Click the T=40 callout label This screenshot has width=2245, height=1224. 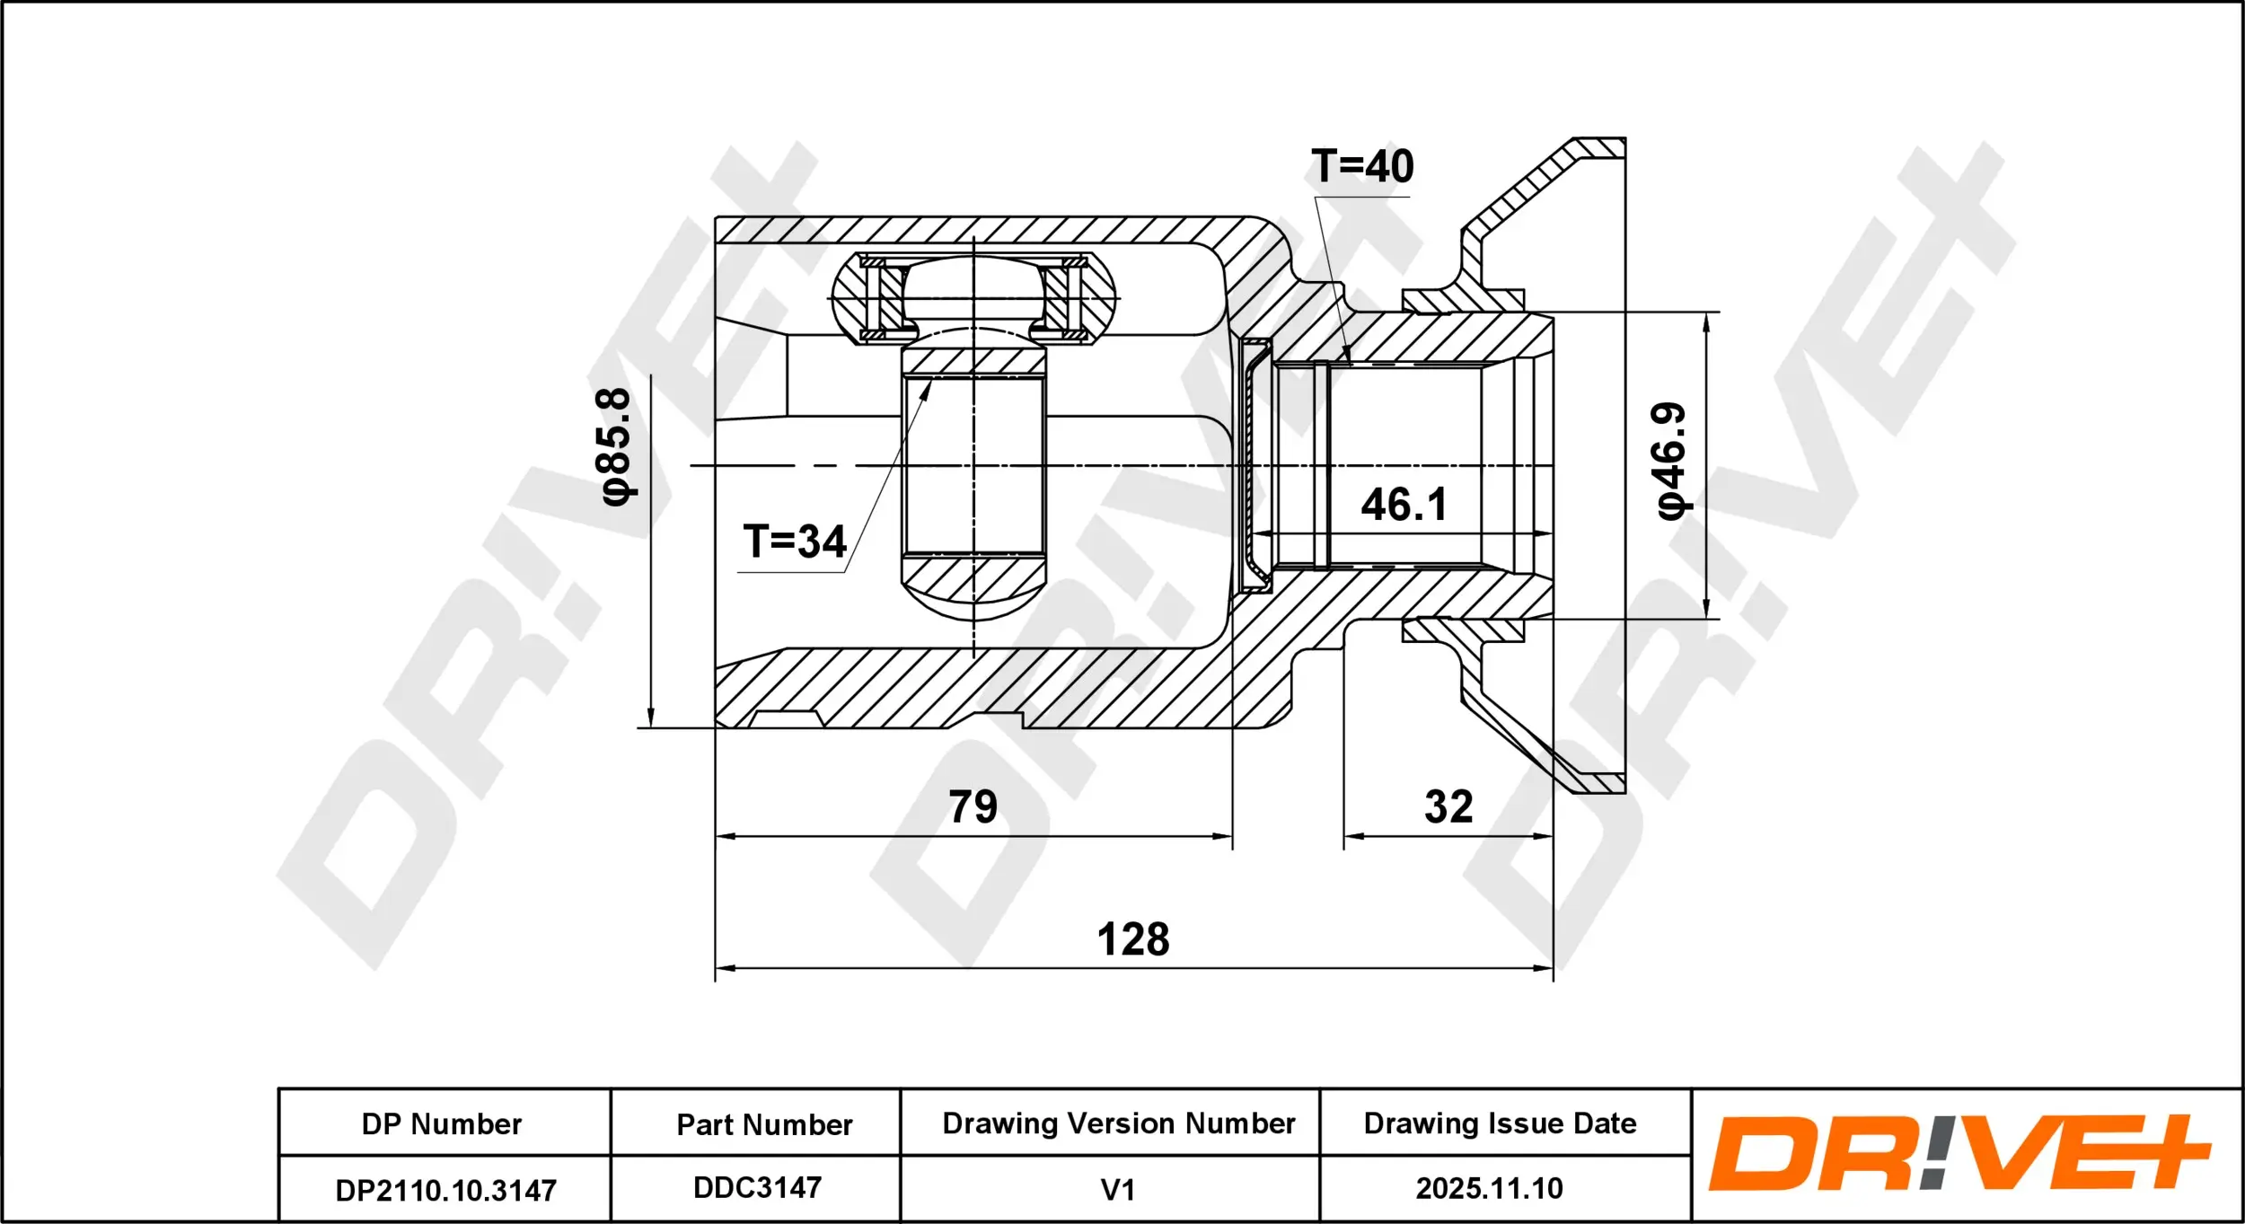(x=1361, y=167)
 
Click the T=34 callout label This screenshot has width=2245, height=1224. (x=795, y=542)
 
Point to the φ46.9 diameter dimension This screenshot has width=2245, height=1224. (x=1671, y=461)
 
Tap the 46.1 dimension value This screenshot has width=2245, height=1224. (x=1404, y=505)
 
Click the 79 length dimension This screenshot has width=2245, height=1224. (x=973, y=806)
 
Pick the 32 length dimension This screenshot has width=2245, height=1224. (x=1448, y=806)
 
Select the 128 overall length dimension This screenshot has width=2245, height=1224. (x=1133, y=939)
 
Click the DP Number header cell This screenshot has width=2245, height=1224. (x=442, y=1124)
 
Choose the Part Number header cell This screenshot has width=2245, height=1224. (x=764, y=1124)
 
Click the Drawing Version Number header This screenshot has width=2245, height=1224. (x=1118, y=1123)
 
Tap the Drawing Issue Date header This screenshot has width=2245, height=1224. (x=1500, y=1123)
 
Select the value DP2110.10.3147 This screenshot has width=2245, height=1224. (x=445, y=1191)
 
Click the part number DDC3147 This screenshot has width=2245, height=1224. (x=757, y=1188)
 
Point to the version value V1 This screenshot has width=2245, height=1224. (x=1118, y=1190)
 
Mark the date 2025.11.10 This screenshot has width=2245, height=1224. (x=1489, y=1189)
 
